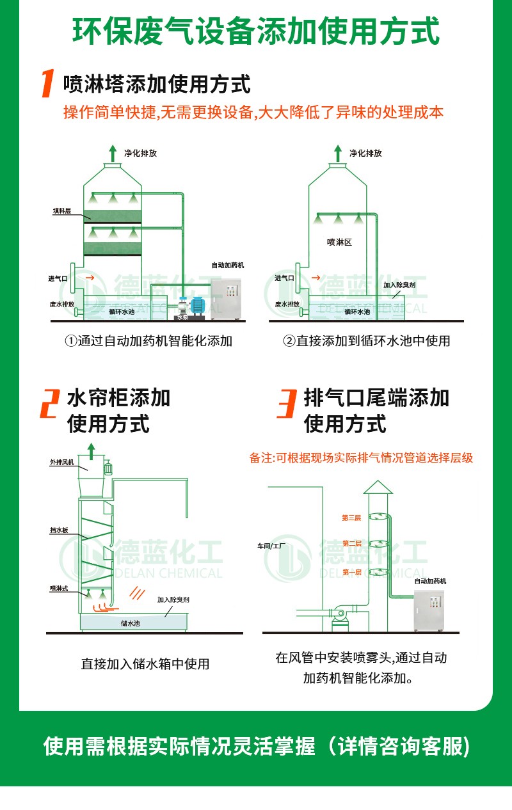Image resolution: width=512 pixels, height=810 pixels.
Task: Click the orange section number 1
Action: point(48,83)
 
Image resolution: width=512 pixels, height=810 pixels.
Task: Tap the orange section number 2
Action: point(50,403)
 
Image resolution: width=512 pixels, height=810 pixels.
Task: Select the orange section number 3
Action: point(287,403)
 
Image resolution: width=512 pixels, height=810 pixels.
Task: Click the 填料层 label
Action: point(62,210)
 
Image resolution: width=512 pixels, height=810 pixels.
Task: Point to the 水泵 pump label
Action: point(183,317)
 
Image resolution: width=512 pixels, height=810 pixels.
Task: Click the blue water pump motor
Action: point(198,305)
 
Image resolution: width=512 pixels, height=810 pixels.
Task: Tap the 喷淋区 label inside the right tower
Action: point(339,242)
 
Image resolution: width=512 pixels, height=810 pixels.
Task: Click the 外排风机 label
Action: point(62,462)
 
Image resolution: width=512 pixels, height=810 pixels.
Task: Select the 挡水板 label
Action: point(59,530)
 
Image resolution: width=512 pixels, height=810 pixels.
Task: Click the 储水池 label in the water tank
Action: point(131,623)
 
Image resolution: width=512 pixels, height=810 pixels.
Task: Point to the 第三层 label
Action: point(351,518)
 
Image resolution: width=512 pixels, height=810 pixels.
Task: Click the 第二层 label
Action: point(352,543)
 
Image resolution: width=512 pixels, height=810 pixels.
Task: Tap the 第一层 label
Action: point(352,572)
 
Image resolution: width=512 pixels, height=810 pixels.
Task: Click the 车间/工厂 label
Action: point(271,546)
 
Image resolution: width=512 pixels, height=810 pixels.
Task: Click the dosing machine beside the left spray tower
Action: point(226,299)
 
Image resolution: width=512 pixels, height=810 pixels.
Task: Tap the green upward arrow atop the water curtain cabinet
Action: point(92,451)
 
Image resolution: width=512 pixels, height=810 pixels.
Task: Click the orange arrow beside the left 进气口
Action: point(90,278)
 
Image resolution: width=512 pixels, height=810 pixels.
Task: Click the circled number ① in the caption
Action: point(70,341)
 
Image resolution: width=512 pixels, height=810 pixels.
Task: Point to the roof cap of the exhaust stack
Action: point(378,487)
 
